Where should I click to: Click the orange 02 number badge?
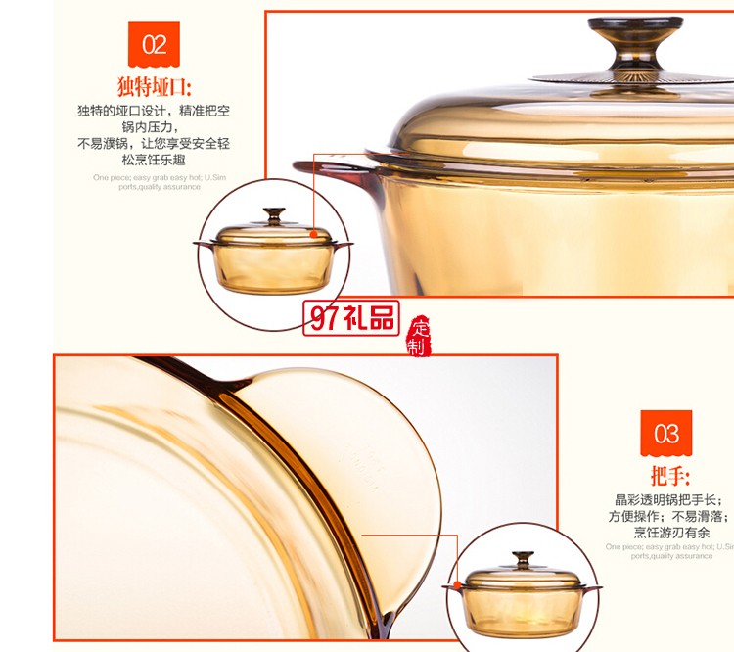point(154,43)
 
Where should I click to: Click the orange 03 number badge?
point(665,433)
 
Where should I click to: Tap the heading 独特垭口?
point(155,86)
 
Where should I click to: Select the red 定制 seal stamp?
point(420,336)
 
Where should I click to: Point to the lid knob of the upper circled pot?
point(274,214)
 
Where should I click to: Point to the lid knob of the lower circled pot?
point(523,560)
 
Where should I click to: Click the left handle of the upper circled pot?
point(203,244)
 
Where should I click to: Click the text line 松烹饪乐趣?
point(154,159)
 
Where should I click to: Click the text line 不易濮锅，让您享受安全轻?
point(154,143)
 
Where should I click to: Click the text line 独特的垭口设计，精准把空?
point(154,111)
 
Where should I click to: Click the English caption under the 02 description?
point(154,181)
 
